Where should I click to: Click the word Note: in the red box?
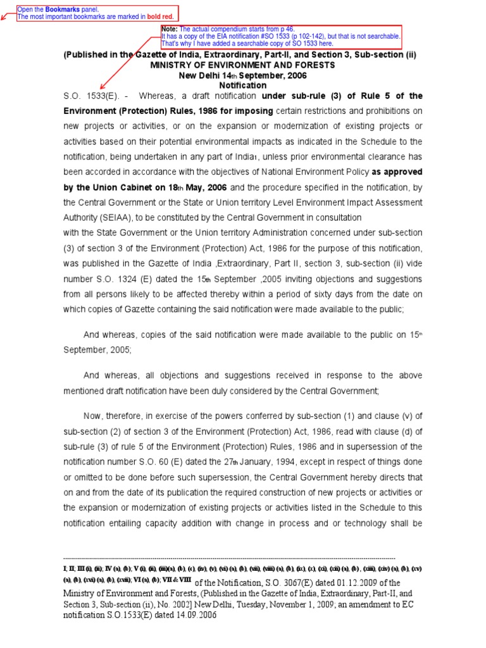pos(170,29)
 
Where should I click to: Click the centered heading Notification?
pos(243,85)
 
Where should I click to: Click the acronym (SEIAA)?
pos(115,217)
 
